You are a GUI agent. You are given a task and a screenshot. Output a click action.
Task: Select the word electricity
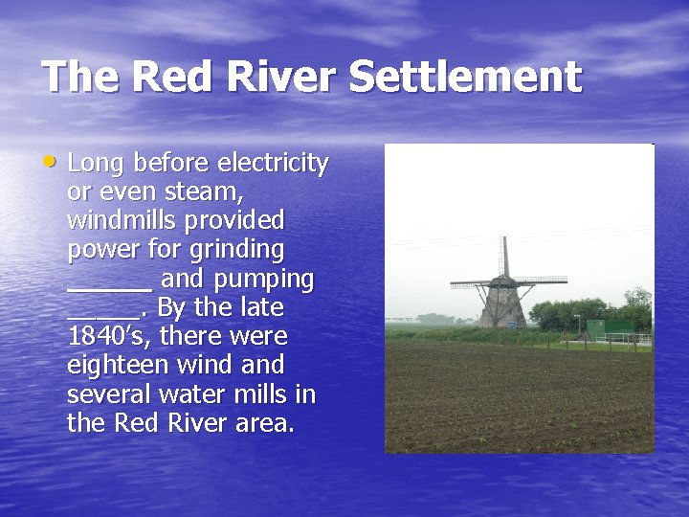[x=274, y=163]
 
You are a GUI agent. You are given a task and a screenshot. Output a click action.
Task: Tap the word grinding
[x=237, y=250]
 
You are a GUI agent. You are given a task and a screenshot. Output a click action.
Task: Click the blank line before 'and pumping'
[x=109, y=285]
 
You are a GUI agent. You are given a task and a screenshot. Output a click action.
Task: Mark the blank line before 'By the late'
[x=103, y=314]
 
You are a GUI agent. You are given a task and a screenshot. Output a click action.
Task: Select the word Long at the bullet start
[x=97, y=163]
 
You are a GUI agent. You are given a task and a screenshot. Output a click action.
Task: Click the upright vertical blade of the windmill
[x=504, y=257]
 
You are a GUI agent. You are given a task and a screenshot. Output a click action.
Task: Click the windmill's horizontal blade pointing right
[x=540, y=281]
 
